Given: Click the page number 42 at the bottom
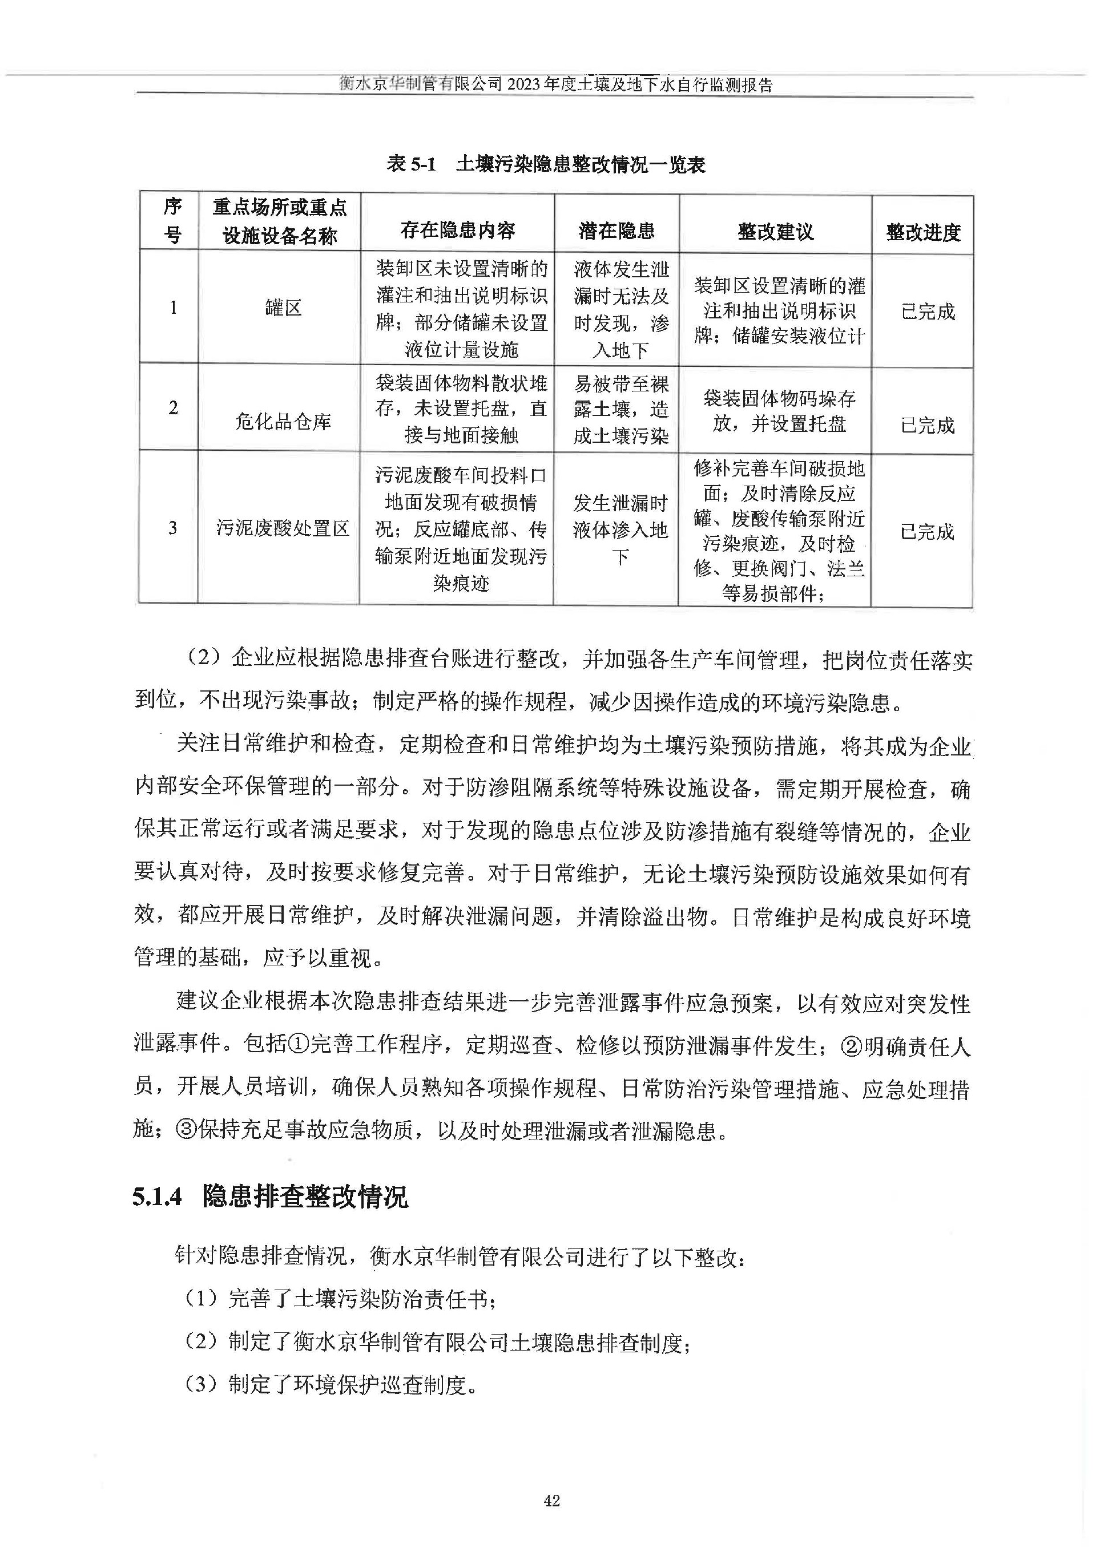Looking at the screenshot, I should point(551,1500).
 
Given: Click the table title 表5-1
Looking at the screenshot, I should point(412,164).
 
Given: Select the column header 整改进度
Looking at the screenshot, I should point(922,233).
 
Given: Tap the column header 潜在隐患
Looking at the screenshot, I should point(616,231).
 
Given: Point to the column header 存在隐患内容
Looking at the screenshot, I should point(458,231).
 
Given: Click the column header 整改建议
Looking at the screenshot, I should point(775,232).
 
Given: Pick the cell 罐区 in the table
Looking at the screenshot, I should point(283,308).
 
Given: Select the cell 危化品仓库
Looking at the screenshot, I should point(283,422).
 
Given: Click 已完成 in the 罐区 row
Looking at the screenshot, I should point(928,312).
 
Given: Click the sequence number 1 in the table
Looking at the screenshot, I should point(173,308).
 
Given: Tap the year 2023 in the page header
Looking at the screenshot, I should point(525,84).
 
